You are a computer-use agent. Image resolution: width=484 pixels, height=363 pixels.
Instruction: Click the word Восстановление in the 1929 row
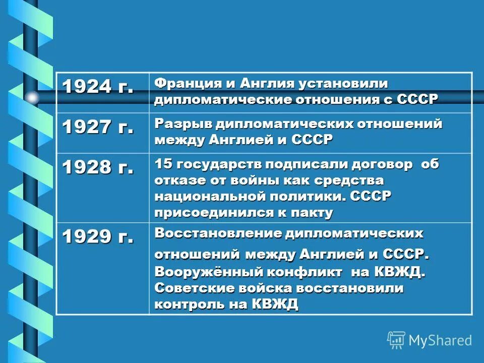(218, 233)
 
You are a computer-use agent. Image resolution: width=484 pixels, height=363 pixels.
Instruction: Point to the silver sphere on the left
(32, 97)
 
